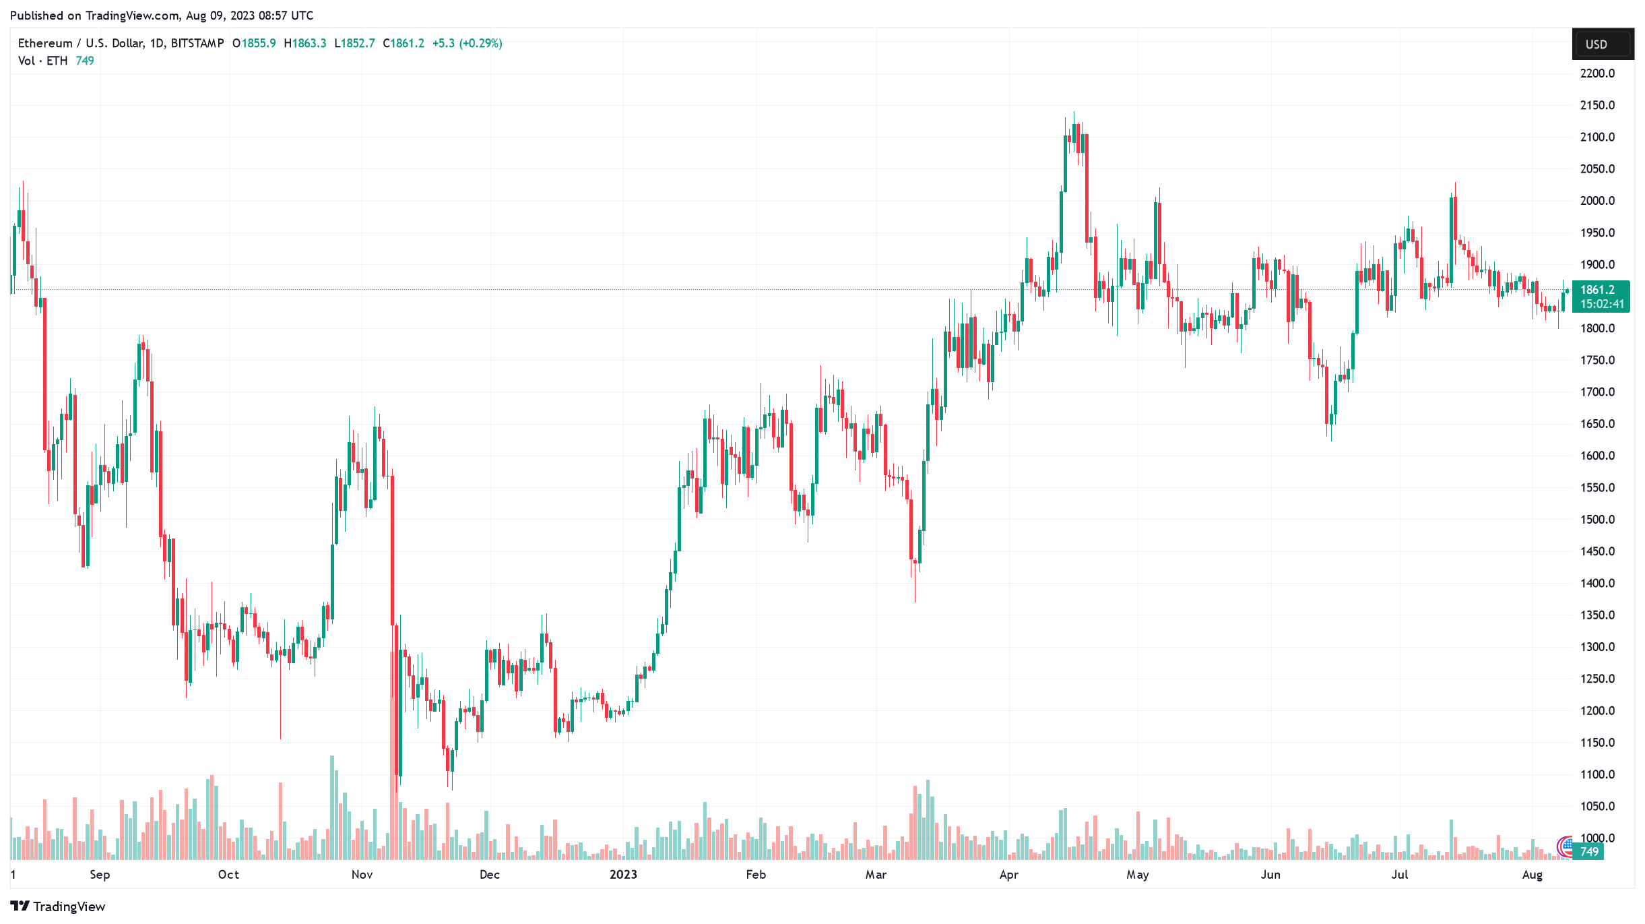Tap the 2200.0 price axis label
point(1597,73)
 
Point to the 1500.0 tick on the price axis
point(1597,520)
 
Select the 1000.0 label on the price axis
point(1597,838)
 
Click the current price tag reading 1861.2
point(1598,290)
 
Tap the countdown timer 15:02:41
point(1601,304)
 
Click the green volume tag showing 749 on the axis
point(1589,852)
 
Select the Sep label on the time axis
point(100,875)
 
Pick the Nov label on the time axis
point(362,875)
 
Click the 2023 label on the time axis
point(623,875)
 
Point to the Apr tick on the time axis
point(1008,875)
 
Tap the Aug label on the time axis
point(1532,875)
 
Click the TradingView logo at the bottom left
point(58,906)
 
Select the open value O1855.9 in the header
point(254,43)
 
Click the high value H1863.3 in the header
point(305,43)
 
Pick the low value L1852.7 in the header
point(355,43)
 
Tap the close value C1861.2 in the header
point(404,43)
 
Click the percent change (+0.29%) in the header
point(480,43)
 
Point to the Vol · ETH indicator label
point(42,61)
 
